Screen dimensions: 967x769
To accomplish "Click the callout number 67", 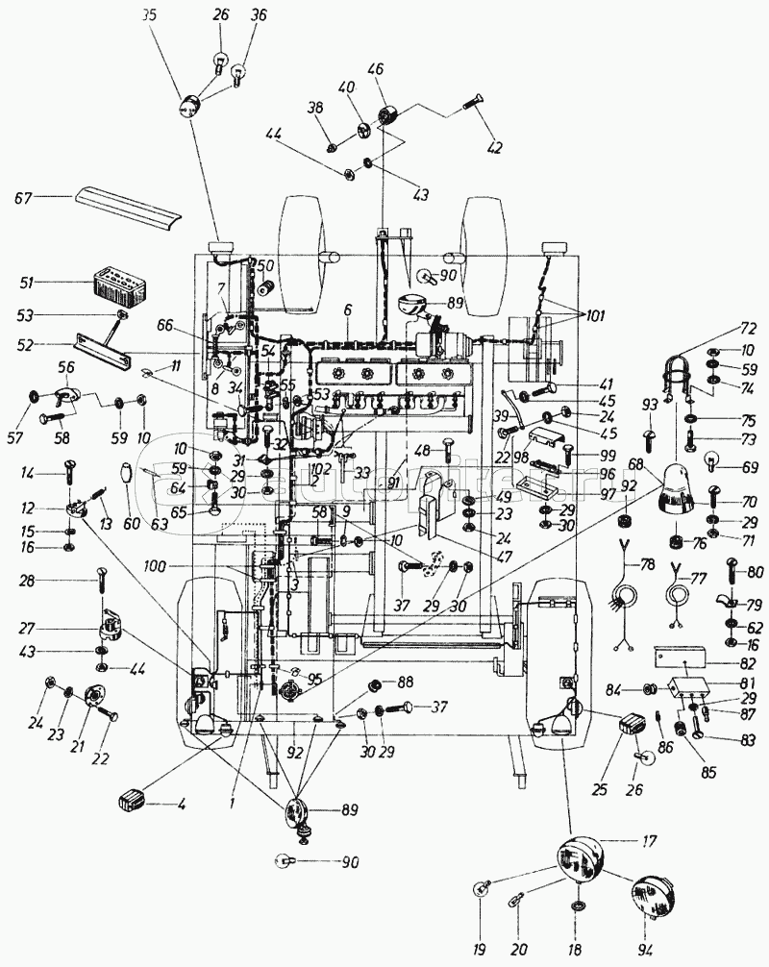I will [23, 198].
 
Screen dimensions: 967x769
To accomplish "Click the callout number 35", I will [147, 15].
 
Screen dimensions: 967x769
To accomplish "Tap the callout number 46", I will [375, 69].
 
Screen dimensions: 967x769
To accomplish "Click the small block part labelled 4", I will [133, 799].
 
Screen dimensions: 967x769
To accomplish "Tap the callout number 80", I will [756, 572].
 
